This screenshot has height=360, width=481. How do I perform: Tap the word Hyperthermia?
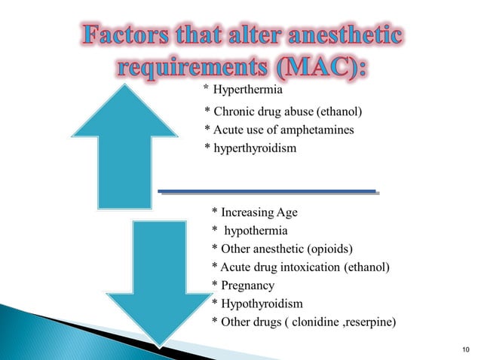[x=248, y=92]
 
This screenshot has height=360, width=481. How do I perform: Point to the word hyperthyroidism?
[x=256, y=149]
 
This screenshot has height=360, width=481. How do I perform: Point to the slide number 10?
[x=462, y=349]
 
